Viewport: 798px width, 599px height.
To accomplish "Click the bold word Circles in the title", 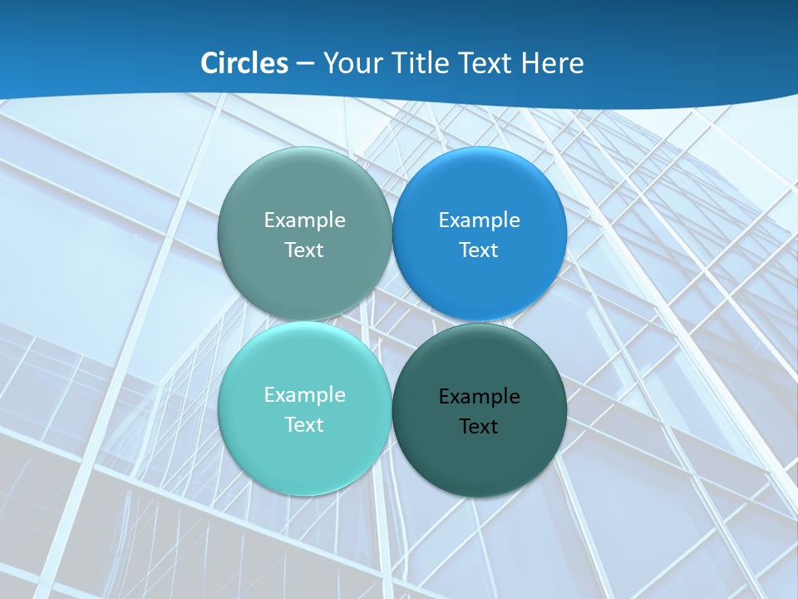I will (244, 63).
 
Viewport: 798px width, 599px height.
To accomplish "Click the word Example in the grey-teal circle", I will (304, 220).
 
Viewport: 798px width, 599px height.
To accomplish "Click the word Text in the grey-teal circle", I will (304, 250).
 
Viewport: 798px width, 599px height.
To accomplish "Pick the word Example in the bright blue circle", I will (480, 220).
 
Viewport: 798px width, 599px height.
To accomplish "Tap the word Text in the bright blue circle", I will (480, 250).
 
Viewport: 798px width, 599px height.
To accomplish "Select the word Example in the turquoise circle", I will (304, 394).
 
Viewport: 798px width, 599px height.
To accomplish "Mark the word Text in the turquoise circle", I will (304, 424).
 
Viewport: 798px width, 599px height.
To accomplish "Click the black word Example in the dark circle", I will (480, 396).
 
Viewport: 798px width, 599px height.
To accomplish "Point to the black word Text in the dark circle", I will (479, 426).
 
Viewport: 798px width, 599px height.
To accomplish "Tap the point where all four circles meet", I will (392, 322).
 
